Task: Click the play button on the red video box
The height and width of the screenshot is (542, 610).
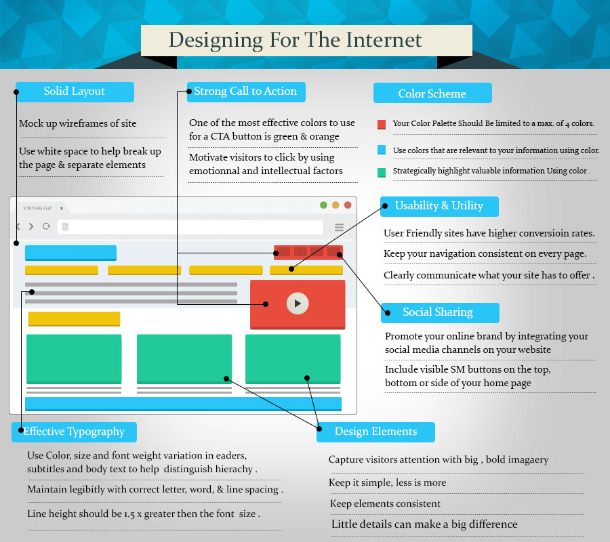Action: (x=298, y=304)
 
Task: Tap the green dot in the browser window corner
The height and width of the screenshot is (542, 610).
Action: (x=323, y=205)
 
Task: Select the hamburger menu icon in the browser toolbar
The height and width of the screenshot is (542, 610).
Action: (x=340, y=227)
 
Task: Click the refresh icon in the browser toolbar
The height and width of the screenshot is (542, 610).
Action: (x=46, y=226)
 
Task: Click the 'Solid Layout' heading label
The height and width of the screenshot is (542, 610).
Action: (x=75, y=91)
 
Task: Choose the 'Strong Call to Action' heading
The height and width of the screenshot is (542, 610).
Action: (x=245, y=91)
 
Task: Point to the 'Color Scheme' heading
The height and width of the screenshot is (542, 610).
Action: (x=432, y=93)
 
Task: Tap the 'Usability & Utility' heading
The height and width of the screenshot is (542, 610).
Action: (x=439, y=206)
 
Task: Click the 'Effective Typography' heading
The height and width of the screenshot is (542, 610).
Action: (x=74, y=432)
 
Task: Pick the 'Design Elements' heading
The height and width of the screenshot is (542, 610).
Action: (x=375, y=432)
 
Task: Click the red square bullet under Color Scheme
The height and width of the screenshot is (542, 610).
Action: (x=382, y=125)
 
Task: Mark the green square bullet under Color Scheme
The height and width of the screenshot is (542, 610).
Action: (x=382, y=172)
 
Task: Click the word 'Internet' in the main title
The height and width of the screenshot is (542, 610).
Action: (x=384, y=40)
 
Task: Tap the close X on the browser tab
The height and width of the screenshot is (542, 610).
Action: (x=62, y=209)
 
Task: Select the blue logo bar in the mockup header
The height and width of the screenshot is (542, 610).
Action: (x=70, y=253)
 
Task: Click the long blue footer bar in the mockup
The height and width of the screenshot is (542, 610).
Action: (x=183, y=404)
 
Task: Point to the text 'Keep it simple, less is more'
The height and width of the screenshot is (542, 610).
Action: (x=388, y=483)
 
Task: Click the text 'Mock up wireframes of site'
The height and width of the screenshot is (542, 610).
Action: (x=78, y=123)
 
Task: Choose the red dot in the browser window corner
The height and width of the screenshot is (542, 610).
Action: (x=348, y=205)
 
